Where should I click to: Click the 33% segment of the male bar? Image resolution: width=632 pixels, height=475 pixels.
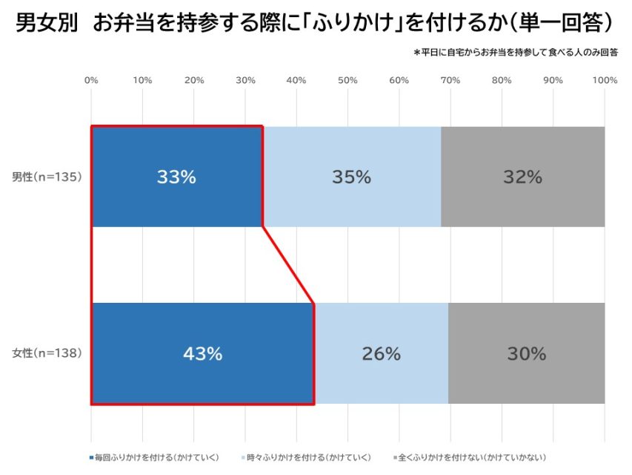[176, 177]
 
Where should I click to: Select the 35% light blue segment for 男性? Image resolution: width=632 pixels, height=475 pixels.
[351, 177]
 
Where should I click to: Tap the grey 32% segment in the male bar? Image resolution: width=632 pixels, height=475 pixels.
[523, 177]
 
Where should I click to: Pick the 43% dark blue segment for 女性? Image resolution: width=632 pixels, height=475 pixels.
[202, 354]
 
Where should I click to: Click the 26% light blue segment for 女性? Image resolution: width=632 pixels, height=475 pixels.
[381, 354]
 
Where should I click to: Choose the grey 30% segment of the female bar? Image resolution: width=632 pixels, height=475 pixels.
[526, 354]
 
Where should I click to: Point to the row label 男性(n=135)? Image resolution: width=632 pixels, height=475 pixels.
[46, 177]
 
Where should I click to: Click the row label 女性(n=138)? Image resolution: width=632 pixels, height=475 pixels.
[46, 353]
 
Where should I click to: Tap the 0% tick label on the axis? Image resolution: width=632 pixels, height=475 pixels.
[92, 80]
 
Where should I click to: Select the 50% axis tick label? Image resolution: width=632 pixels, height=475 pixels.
[348, 80]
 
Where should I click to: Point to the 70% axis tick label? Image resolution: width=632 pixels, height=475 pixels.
[450, 80]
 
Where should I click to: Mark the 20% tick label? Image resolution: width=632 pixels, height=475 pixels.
[194, 80]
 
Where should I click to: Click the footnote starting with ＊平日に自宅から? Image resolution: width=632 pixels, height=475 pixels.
[516, 53]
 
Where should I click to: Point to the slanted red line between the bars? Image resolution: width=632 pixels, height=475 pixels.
[289, 265]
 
